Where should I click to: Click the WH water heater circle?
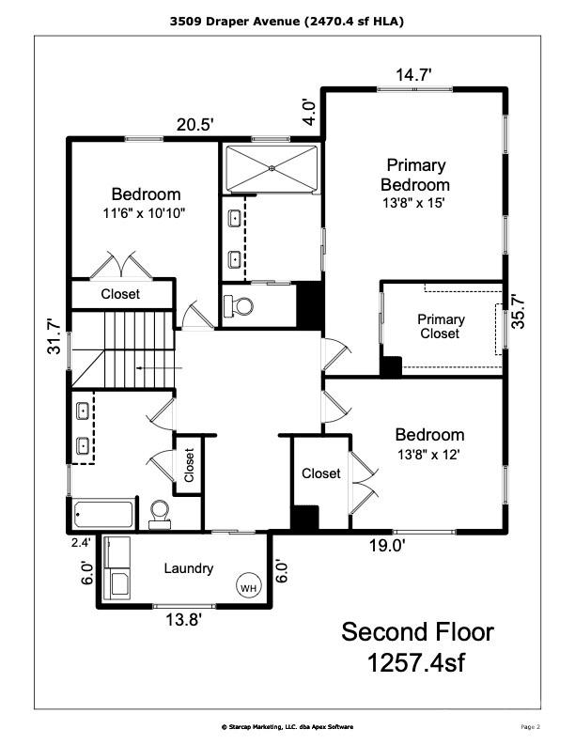coord(248,588)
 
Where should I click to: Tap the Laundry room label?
coord(189,568)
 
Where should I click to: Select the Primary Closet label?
coord(440,326)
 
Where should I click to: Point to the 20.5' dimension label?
coord(195,124)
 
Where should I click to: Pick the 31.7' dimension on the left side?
coord(55,336)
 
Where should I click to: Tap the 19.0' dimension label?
coord(386,545)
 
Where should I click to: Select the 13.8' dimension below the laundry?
coord(184,619)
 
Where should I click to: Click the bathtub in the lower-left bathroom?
coord(104,515)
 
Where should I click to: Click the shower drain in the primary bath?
coord(272,168)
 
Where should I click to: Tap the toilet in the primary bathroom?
coord(241,305)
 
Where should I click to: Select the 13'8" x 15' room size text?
coord(413,201)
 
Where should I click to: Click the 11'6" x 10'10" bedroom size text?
coord(145,212)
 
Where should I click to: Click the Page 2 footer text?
coord(531,726)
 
